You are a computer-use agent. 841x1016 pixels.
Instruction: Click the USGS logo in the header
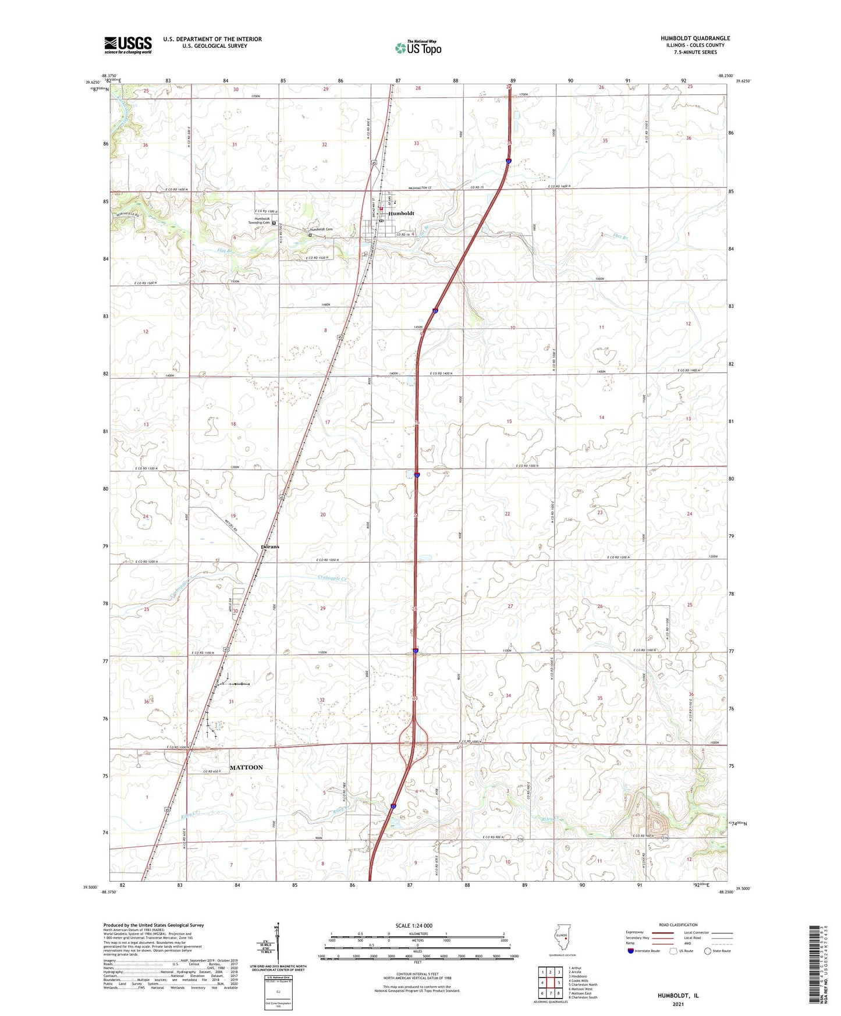127,45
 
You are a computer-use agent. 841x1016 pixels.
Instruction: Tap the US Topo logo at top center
418,47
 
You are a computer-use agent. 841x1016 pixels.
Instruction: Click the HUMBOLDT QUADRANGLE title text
695,38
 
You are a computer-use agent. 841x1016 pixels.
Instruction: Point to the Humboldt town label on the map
402,214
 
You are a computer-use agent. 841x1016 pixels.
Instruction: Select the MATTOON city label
246,768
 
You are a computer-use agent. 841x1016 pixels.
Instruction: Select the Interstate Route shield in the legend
631,951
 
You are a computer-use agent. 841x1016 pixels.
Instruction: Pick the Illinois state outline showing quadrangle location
562,940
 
